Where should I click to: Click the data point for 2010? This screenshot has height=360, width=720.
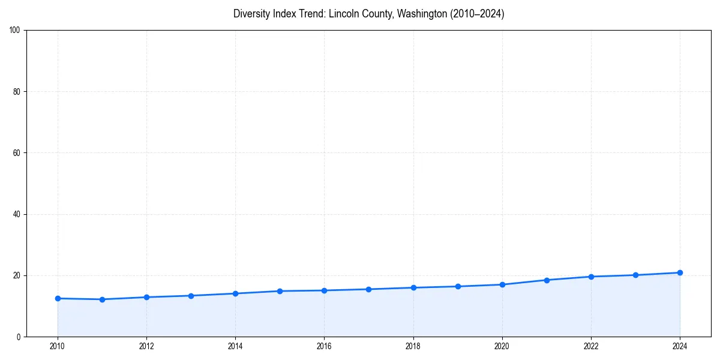tap(58, 298)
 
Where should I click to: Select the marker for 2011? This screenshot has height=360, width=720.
tap(102, 299)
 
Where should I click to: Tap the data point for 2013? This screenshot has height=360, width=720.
tap(191, 296)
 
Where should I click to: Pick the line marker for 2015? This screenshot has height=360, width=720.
tap(280, 291)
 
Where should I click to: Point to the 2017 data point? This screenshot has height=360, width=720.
tap(368, 289)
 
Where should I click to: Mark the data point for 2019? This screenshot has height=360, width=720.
tap(458, 286)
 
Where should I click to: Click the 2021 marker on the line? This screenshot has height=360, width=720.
tap(547, 280)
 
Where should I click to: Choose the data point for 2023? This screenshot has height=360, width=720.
tap(635, 275)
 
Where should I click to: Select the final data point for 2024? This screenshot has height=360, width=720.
tap(680, 272)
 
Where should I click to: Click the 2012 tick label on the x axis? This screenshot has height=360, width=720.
tap(146, 346)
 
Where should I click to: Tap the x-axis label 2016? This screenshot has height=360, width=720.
tap(324, 346)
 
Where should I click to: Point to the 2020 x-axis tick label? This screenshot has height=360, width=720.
tap(502, 346)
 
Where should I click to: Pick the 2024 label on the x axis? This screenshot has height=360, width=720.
tap(680, 346)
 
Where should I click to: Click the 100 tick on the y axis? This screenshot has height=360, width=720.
tap(15, 31)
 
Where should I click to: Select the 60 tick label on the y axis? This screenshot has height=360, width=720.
tap(17, 153)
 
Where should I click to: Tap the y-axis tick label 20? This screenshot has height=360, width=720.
tap(17, 275)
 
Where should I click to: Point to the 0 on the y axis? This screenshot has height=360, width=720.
tap(19, 337)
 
